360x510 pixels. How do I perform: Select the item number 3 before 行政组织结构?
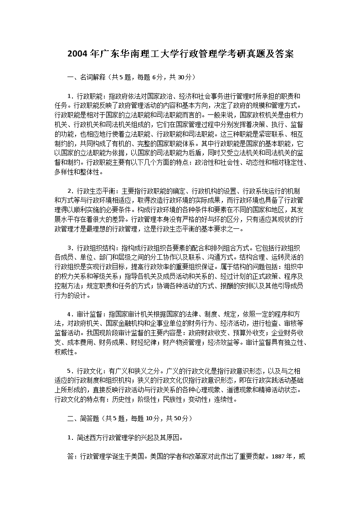point(70,248)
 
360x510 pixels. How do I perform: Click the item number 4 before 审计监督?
point(70,314)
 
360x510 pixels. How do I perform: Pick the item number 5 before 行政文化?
point(70,371)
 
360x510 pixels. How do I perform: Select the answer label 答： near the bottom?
point(73,455)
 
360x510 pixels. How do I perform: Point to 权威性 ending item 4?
point(65,352)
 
